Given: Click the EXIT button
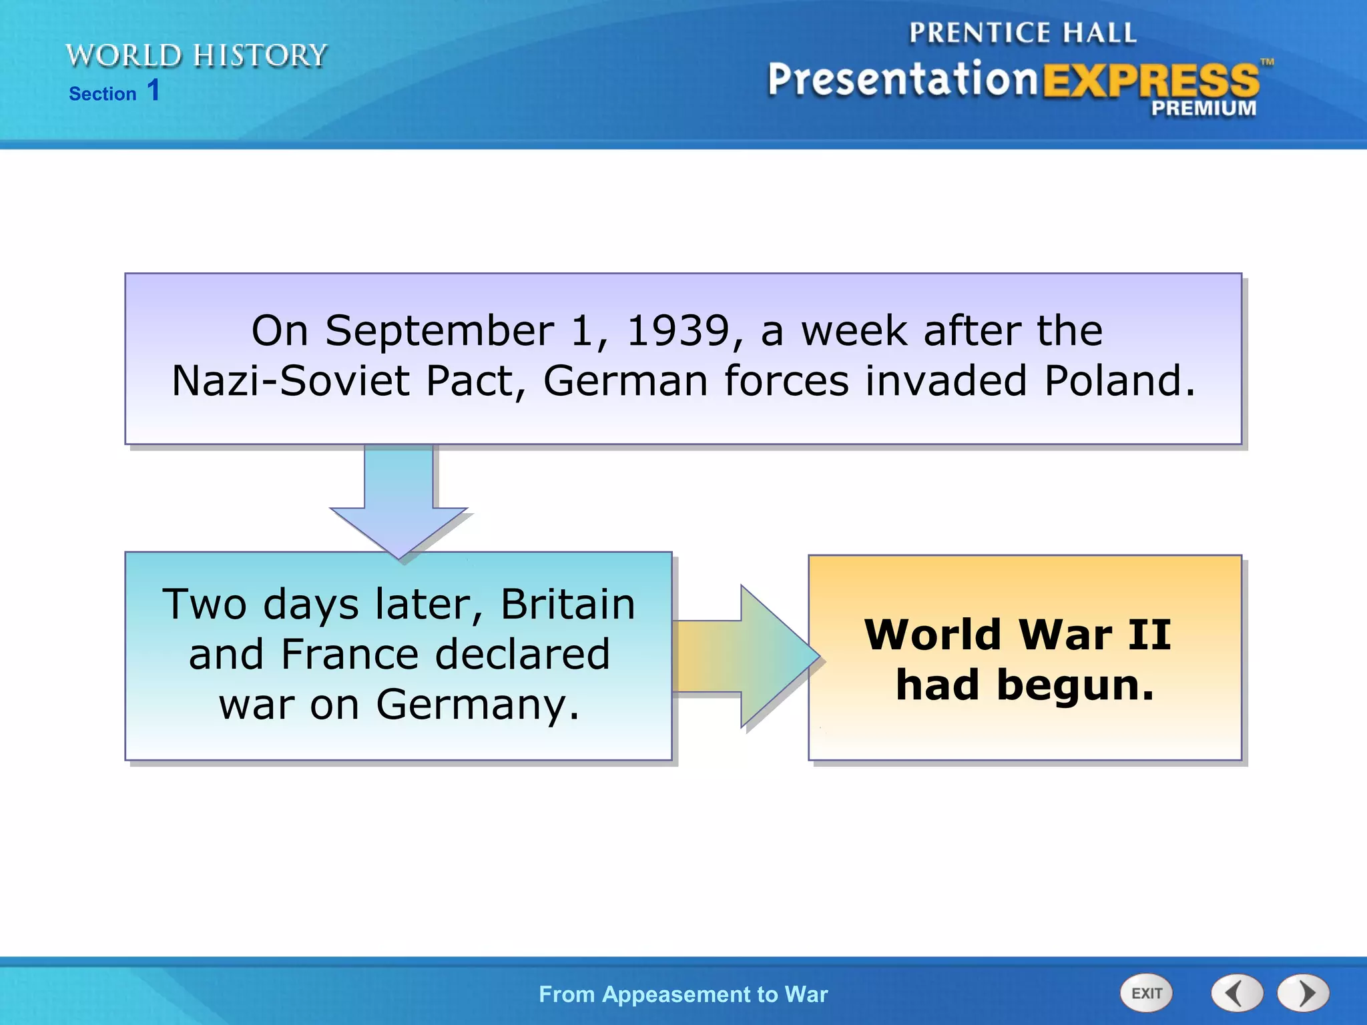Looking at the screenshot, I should [1146, 993].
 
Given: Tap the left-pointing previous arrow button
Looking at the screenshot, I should [1236, 993].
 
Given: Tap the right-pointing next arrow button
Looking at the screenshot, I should [1303, 993].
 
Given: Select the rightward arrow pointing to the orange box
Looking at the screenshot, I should [748, 657].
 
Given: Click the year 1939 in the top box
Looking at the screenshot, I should [678, 331].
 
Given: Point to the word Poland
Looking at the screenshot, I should [1119, 381].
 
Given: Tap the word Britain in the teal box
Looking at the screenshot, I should [568, 605].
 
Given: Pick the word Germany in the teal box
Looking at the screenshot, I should [477, 705].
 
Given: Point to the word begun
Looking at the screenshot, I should [1075, 686].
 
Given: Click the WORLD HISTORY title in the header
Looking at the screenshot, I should [196, 55].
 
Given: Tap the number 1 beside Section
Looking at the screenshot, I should [154, 91].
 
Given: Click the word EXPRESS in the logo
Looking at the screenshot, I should [1151, 81].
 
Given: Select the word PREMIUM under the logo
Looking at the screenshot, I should [1203, 108].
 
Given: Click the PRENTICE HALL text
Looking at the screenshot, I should [1022, 33].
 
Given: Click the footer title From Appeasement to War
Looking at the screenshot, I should [683, 994].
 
